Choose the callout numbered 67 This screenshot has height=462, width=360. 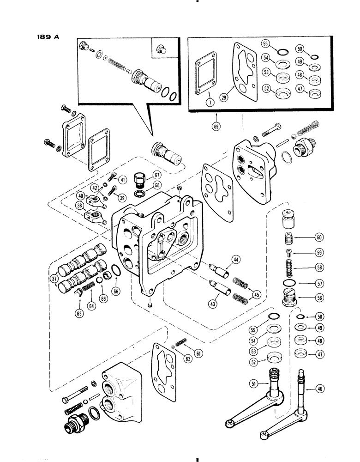tap(157, 174)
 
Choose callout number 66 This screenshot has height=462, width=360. tap(116, 291)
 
